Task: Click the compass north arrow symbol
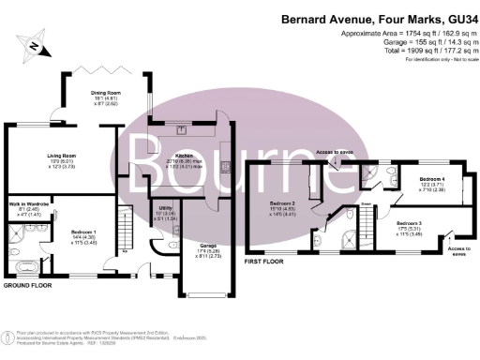click(x=35, y=44)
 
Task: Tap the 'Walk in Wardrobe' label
click(x=27, y=202)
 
